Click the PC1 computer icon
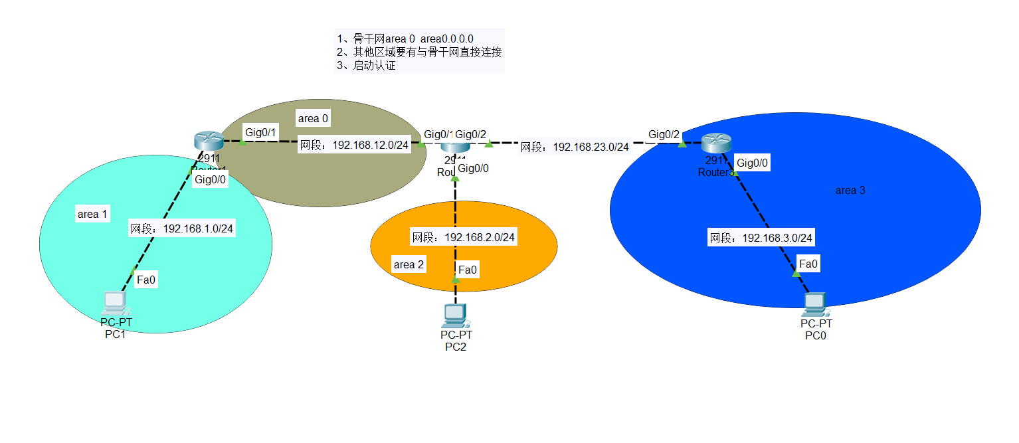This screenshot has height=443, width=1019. pyautogui.click(x=114, y=304)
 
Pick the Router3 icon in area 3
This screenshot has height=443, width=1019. pyautogui.click(x=716, y=143)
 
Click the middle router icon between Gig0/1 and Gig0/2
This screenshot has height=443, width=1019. pyautogui.click(x=455, y=148)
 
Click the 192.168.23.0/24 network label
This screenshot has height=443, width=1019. pyautogui.click(x=574, y=147)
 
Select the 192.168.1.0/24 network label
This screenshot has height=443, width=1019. pyautogui.click(x=182, y=228)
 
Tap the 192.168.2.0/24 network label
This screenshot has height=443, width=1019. pyautogui.click(x=464, y=237)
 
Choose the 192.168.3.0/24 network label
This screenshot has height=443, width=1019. pyautogui.click(x=761, y=238)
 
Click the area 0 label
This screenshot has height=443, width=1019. pyautogui.click(x=314, y=119)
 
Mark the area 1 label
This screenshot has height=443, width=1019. pyautogui.click(x=92, y=214)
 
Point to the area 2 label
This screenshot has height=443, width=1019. pyautogui.click(x=409, y=264)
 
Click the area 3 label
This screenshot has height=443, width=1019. pyautogui.click(x=850, y=191)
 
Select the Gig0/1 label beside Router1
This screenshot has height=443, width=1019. pyautogui.click(x=261, y=132)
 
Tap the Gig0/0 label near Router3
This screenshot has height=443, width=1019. pyautogui.click(x=753, y=163)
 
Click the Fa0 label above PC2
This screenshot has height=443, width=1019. pyautogui.click(x=468, y=270)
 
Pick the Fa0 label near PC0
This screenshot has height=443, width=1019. pyautogui.click(x=808, y=264)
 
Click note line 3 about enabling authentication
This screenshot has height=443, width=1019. pyautogui.click(x=366, y=66)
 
